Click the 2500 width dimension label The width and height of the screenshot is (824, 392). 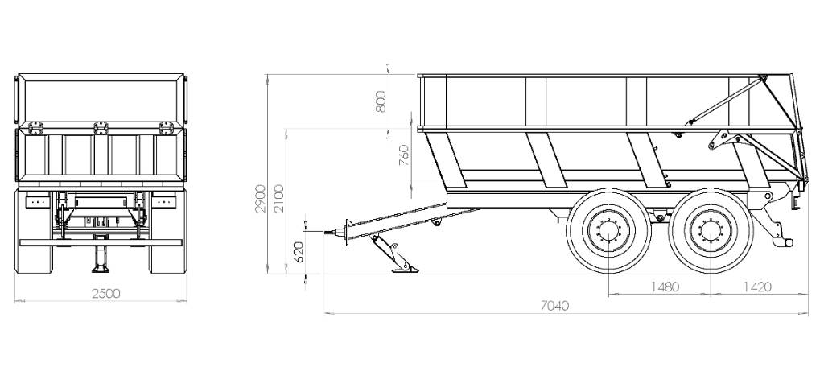click(106, 294)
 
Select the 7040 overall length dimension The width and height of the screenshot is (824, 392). click(554, 306)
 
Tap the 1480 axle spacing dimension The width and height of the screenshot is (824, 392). click(665, 287)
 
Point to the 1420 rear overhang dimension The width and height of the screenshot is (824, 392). click(757, 287)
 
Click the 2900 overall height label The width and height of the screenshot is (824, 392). click(261, 198)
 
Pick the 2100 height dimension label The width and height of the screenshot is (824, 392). click(279, 198)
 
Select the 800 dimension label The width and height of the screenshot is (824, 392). click(381, 101)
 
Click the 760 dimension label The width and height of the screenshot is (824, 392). click(404, 155)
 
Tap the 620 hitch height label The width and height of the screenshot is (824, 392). click(299, 252)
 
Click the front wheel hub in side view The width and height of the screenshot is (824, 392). click(608, 231)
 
